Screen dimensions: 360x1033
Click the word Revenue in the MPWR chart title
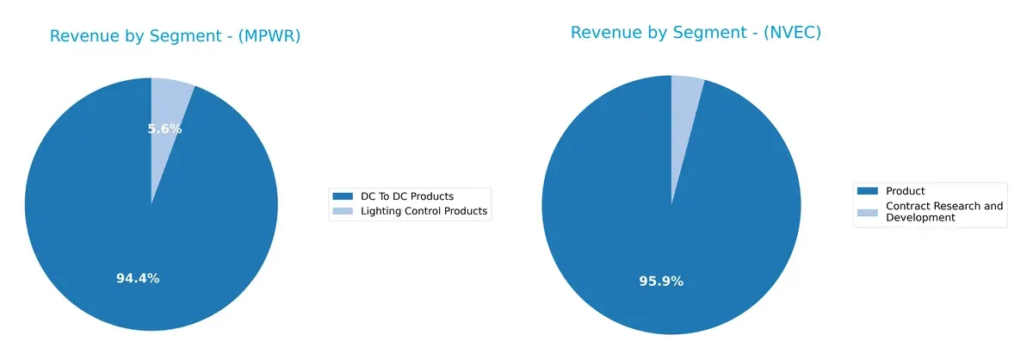point(82,36)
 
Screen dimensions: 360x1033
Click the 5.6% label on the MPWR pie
point(164,129)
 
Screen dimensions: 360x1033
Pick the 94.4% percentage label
point(138,278)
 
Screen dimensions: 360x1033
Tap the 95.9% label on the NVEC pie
point(661,281)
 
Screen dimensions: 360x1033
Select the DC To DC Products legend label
point(405,196)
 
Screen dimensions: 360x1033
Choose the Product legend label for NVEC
point(906,191)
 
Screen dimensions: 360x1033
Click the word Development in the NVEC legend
point(920,218)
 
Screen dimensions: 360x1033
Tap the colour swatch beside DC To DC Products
point(342,196)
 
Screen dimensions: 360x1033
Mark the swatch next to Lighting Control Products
point(342,211)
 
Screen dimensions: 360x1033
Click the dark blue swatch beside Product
point(868,191)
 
